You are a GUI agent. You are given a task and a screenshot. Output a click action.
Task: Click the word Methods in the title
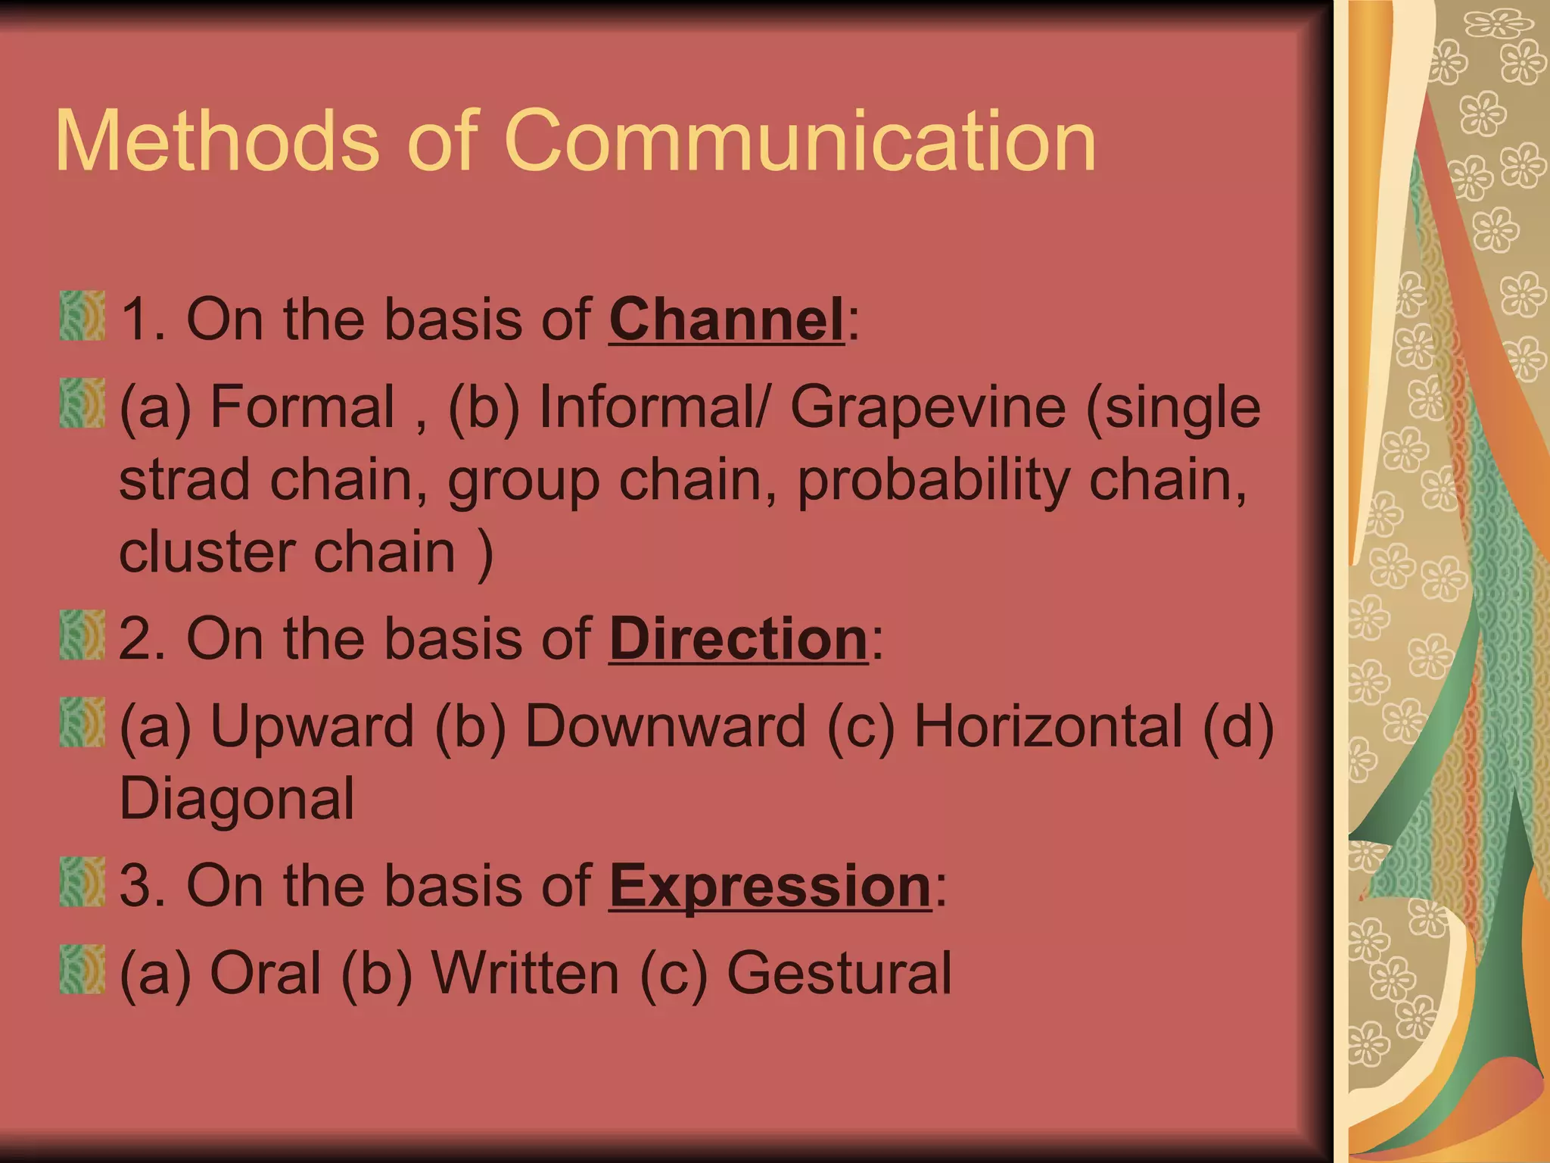click(216, 142)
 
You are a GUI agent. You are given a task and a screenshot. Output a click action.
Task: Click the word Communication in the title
click(800, 142)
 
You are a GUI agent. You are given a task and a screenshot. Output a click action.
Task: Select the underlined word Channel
click(726, 320)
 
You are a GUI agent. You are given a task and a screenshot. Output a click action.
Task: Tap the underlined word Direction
click(738, 639)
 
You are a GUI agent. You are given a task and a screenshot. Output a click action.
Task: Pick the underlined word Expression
click(770, 886)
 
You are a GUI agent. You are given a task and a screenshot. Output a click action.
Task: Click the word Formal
click(303, 407)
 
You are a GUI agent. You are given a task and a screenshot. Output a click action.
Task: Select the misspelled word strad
click(184, 480)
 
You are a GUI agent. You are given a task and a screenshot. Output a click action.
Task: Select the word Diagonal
click(237, 800)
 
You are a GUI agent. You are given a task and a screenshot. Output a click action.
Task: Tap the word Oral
click(266, 974)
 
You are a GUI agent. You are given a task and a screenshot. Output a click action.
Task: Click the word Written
click(525, 974)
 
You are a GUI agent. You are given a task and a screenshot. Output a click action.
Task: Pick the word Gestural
click(839, 974)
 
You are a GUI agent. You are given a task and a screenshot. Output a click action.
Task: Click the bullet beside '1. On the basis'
click(82, 316)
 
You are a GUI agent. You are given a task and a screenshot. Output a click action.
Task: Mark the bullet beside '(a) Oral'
click(82, 969)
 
